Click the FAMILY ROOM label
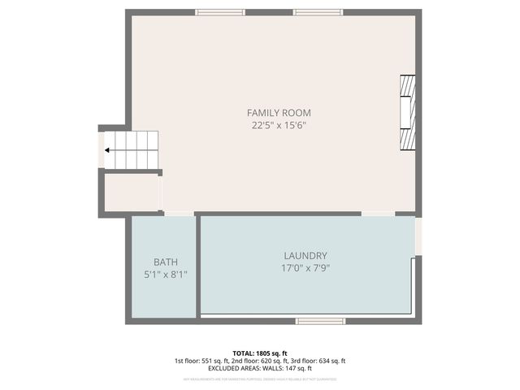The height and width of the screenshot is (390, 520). (279, 113)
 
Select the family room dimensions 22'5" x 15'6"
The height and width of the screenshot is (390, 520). (279, 125)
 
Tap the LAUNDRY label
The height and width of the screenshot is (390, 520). (305, 255)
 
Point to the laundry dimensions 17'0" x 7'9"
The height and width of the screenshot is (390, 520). (305, 267)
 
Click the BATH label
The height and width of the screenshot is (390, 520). (165, 262)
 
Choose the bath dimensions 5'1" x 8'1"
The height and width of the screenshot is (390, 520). (165, 275)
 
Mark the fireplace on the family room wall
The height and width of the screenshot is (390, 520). (407, 113)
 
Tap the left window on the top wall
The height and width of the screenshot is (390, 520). (220, 12)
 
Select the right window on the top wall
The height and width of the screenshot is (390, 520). (318, 12)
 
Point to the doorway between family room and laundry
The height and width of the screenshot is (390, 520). (378, 214)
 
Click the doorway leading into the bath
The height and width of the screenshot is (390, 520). (179, 214)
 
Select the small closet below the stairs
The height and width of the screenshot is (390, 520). (131, 193)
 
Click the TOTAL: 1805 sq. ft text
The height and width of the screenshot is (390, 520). (261, 353)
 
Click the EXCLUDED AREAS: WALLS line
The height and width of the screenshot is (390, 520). (260, 369)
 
